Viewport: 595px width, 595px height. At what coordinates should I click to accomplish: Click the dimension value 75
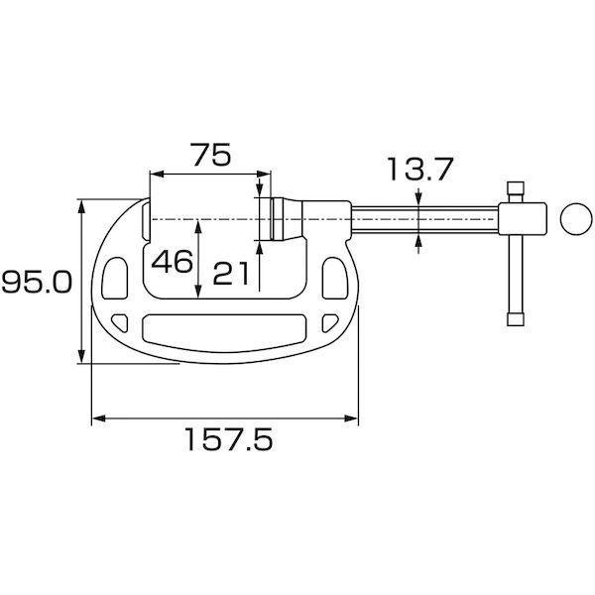pos(208,155)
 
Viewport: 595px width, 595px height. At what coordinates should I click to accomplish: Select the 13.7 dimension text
pos(420,171)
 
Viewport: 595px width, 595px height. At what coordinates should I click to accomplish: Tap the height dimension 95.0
pos(36,284)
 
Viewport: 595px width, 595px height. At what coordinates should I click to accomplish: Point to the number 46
pos(172,262)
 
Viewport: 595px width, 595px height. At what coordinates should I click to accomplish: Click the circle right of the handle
pos(574,219)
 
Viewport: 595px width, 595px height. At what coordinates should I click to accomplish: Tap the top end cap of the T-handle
pos(515,188)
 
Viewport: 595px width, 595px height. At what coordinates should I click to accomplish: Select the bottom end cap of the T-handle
pos(515,319)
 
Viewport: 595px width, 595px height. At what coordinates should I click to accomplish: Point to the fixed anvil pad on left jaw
pos(146,219)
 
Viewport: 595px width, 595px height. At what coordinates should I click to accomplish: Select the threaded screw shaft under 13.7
pos(420,219)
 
